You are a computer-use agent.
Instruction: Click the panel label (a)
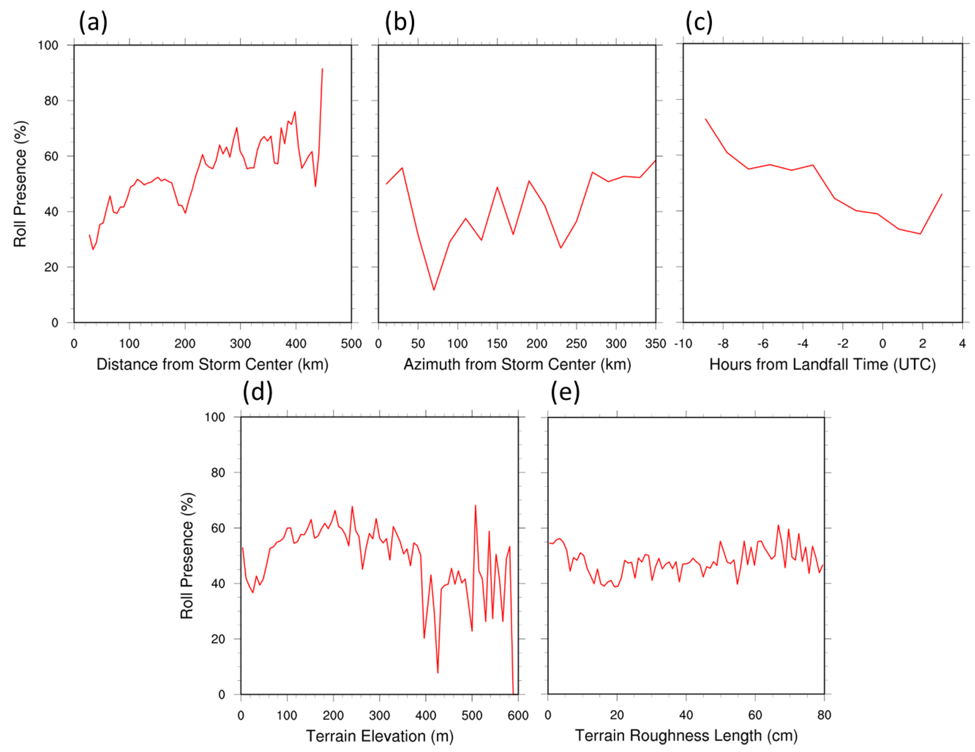[93, 22]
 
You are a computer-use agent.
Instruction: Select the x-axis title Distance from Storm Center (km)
[213, 364]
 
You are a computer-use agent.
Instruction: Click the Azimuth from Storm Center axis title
[517, 364]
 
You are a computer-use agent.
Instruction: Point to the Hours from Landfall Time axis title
[822, 364]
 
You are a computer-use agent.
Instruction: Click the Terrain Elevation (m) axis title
[380, 736]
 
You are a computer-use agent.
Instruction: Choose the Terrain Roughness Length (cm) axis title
[686, 735]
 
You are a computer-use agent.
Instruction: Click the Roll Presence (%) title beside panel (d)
[187, 556]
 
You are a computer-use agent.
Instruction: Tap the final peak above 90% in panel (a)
[322, 69]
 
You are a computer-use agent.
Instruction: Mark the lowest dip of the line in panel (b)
[433, 290]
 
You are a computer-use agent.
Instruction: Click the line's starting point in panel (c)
[705, 119]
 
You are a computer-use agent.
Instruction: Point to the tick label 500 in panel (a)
[351, 344]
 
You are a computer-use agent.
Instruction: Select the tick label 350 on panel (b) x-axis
[655, 344]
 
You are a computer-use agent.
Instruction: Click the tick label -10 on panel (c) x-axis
[683, 344]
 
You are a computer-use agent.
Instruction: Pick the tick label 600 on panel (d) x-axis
[518, 715]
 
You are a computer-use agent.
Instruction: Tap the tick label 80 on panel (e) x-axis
[824, 715]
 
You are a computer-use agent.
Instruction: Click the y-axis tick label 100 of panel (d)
[215, 417]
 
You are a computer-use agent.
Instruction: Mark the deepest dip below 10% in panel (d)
[438, 673]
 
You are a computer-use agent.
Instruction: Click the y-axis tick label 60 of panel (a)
[51, 156]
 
